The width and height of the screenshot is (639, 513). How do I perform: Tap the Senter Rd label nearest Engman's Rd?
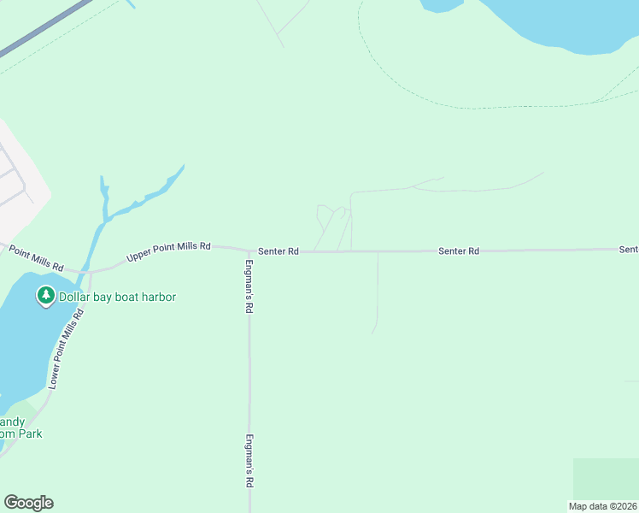click(280, 251)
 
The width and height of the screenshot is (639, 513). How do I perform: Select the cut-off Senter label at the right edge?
click(629, 250)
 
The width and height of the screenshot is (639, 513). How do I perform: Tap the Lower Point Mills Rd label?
click(66, 349)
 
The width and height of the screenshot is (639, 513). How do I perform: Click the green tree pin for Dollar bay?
click(45, 297)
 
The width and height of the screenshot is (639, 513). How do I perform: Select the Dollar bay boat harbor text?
click(118, 297)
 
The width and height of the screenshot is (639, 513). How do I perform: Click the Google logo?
click(28, 503)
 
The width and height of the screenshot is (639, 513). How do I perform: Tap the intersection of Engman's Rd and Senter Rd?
click(249, 251)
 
